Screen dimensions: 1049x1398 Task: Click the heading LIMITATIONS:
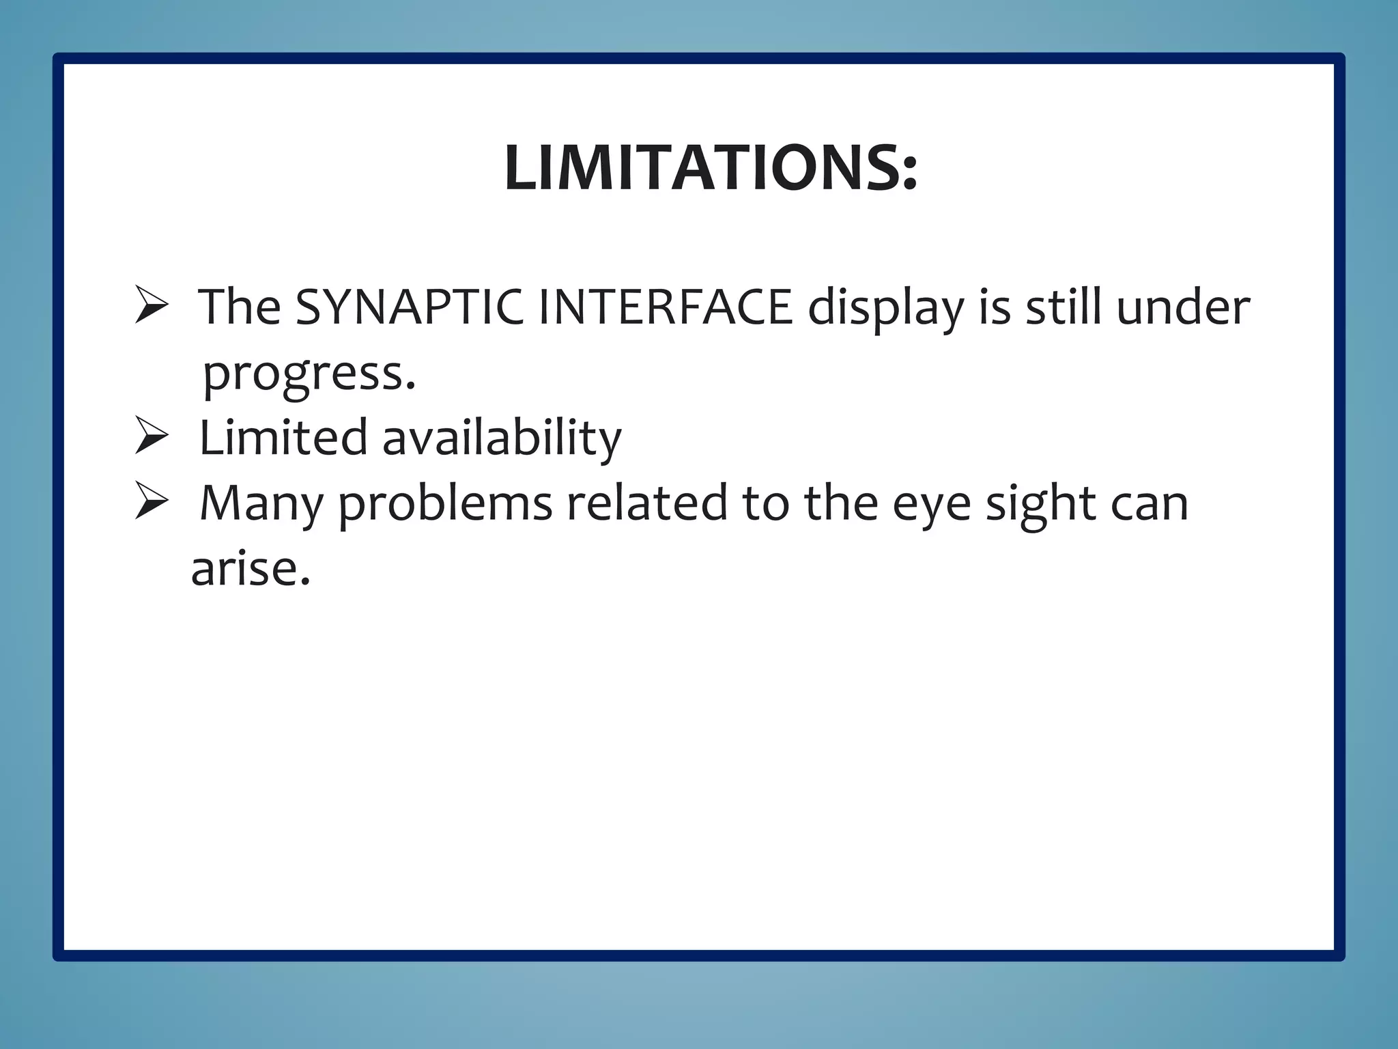pyautogui.click(x=711, y=168)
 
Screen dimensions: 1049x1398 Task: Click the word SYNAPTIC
pyautogui.click(x=410, y=307)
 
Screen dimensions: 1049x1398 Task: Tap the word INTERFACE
pyautogui.click(x=666, y=307)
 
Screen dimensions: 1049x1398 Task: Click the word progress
pyautogui.click(x=309, y=374)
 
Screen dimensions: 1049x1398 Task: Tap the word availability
pyautogui.click(x=502, y=438)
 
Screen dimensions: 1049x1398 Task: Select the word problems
pyautogui.click(x=445, y=504)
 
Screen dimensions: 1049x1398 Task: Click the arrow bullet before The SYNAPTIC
pyautogui.click(x=152, y=305)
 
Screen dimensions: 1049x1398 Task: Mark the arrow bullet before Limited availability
pyautogui.click(x=152, y=436)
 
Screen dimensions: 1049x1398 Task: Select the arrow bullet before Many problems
pyautogui.click(x=152, y=501)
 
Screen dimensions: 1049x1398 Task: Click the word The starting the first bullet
pyautogui.click(x=240, y=307)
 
